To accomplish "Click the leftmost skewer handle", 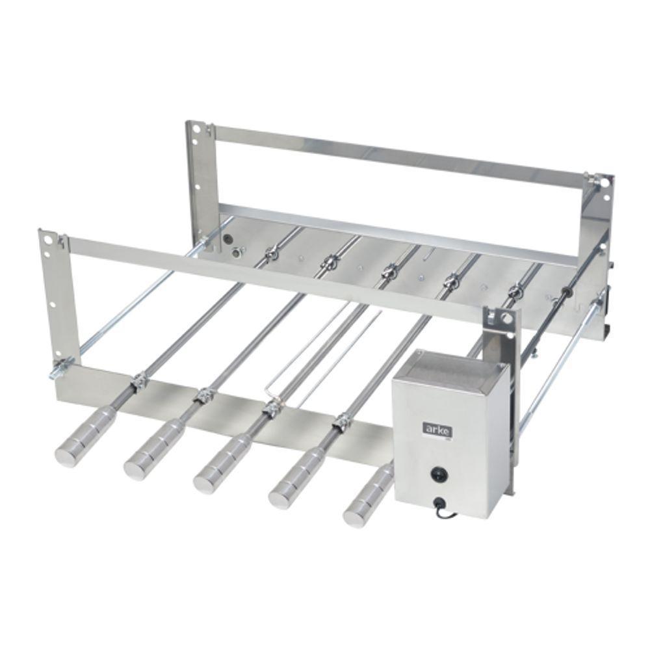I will [81, 445].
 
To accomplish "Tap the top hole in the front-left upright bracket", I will [46, 239].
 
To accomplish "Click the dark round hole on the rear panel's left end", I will [227, 239].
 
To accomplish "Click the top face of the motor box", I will [451, 371].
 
